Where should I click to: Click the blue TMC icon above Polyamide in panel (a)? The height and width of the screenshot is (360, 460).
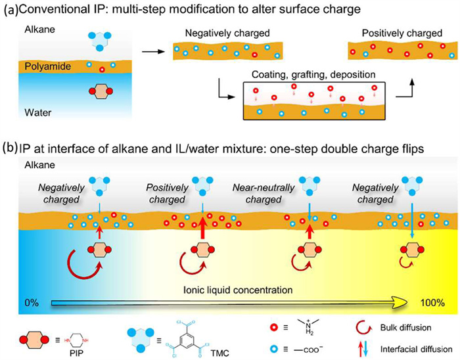99,42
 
